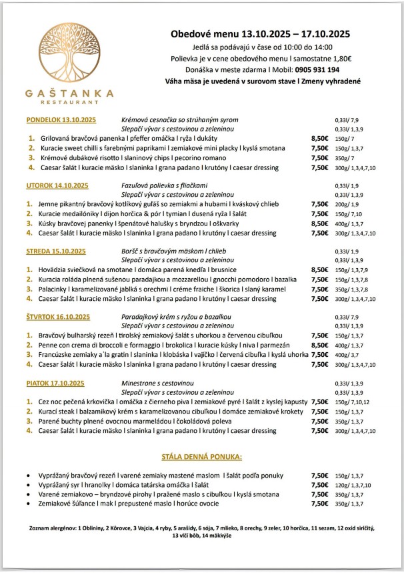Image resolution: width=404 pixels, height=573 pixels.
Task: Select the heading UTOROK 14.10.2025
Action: point(57,185)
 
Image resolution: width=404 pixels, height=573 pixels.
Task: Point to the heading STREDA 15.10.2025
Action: point(57,251)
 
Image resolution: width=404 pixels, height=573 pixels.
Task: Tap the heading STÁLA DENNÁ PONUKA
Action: point(201,458)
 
